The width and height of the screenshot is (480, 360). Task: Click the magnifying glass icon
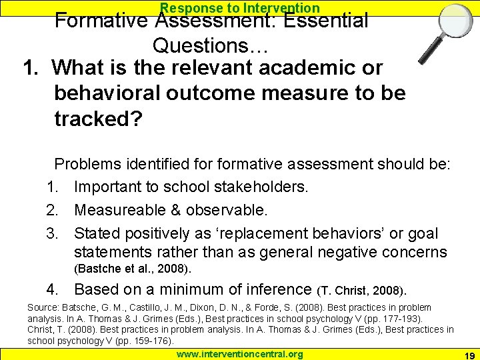pyautogui.click(x=441, y=34)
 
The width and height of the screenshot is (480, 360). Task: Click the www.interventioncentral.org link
pyautogui.click(x=239, y=354)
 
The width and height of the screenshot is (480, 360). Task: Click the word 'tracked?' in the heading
pyautogui.click(x=97, y=119)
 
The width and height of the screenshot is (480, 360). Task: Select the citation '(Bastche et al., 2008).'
pyautogui.click(x=133, y=269)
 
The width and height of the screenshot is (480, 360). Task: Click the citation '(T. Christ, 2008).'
pyautogui.click(x=363, y=291)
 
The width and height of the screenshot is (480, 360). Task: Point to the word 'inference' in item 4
pyautogui.click(x=274, y=289)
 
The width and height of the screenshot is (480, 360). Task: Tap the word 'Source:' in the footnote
pyautogui.click(x=43, y=307)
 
